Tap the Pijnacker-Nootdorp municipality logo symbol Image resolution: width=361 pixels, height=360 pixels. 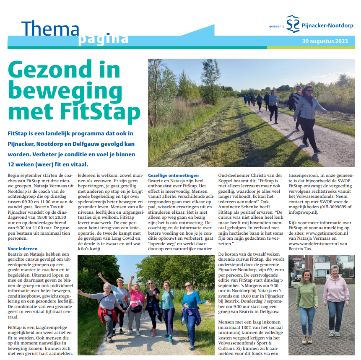pyautogui.click(x=293, y=23)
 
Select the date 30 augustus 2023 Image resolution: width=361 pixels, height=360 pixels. pyautogui.click(x=325, y=41)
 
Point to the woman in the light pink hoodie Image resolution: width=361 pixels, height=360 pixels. pyautogui.click(x=335, y=298)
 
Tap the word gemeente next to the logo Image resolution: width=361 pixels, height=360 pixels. pyautogui.click(x=277, y=26)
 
